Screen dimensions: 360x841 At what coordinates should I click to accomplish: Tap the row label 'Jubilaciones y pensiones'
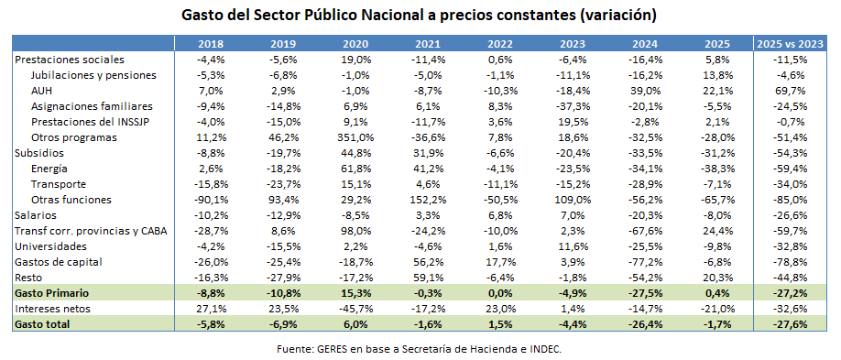pyautogui.click(x=93, y=74)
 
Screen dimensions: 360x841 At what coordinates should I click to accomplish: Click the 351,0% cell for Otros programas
pyautogui.click(x=355, y=136)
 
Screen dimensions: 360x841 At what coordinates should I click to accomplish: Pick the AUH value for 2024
pyautogui.click(x=647, y=90)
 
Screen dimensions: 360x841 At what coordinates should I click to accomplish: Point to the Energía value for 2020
pyautogui.click(x=355, y=169)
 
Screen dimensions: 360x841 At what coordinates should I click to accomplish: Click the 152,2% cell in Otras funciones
pyautogui.click(x=428, y=200)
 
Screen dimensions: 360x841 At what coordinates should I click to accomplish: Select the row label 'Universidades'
pyautogui.click(x=50, y=246)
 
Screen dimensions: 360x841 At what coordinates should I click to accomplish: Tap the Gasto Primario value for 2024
pyautogui.click(x=647, y=293)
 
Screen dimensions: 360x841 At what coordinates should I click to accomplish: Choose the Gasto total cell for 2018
pyautogui.click(x=211, y=324)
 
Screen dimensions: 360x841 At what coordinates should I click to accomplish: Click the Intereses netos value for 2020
pyautogui.click(x=355, y=309)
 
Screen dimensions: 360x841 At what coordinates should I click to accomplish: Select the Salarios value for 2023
pyautogui.click(x=573, y=215)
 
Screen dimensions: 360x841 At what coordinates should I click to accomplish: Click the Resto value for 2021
pyautogui.click(x=428, y=278)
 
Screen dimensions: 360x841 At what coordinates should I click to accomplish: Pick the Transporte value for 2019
pyautogui.click(x=283, y=184)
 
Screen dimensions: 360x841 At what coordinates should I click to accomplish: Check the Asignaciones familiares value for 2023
pyautogui.click(x=573, y=105)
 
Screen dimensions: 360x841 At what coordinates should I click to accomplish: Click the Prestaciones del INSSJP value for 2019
pyautogui.click(x=283, y=121)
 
